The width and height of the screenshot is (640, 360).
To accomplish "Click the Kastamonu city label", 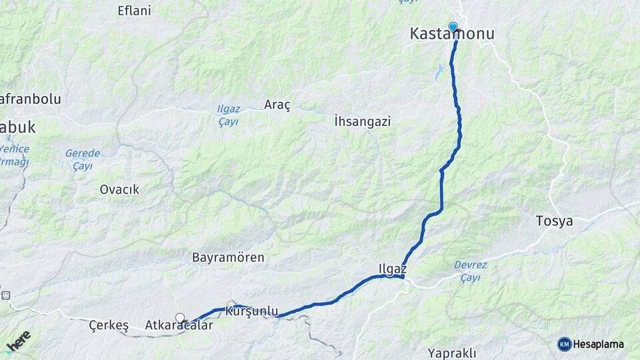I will pos(452,33).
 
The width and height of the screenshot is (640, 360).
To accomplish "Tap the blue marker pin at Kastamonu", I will pos(453,27).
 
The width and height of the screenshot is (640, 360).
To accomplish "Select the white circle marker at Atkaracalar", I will pos(179,317).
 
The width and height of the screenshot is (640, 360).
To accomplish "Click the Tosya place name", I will pos(554,221).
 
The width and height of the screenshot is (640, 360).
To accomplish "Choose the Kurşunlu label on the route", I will pos(251,311).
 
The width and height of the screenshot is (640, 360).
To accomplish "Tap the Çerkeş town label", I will pos(108,326).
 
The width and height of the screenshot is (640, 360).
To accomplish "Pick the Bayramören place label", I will pos(228,257).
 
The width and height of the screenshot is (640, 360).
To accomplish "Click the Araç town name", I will pos(277,105).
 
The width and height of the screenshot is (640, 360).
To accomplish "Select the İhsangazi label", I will pos(362,121).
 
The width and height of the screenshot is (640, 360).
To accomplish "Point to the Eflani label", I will pos(134,11).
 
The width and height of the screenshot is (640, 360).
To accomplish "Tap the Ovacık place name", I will pos(119,189).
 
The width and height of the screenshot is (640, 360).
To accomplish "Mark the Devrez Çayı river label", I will pos(470,271).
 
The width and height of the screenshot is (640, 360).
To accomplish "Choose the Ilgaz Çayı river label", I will pos(228,115).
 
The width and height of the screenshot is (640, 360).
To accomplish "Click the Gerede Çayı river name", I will pos(82,159).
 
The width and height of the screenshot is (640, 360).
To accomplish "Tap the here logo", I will pos(18,341).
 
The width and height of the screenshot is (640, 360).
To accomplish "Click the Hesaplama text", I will pos(599,345).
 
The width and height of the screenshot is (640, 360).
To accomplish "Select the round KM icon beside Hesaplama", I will pos(565,345).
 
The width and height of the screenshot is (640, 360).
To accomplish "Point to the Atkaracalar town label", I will pos(179,326).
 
